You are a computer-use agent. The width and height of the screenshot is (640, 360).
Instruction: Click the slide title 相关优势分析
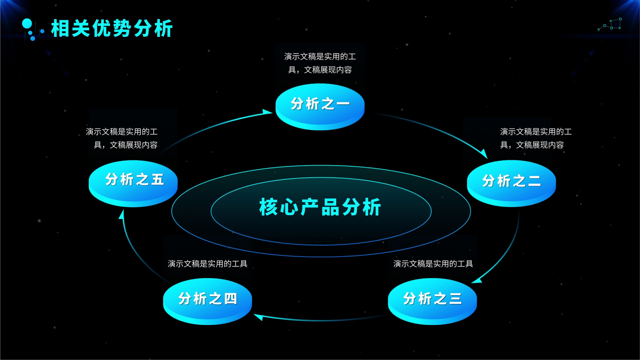pyautogui.click(x=112, y=28)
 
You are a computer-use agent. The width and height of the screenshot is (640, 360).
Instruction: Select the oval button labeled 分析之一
pyautogui.click(x=320, y=106)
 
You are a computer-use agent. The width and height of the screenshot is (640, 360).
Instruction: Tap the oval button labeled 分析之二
pyautogui.click(x=512, y=184)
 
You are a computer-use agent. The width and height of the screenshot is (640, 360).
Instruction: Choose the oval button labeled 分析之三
pyautogui.click(x=432, y=302)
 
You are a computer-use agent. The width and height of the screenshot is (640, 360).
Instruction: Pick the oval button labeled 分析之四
pyautogui.click(x=208, y=302)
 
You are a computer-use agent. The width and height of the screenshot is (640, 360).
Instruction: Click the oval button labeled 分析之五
pyautogui.click(x=133, y=184)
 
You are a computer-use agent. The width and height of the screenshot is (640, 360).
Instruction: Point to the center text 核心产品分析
pyautogui.click(x=320, y=207)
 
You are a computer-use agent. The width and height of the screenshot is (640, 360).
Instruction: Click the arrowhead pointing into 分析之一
pyautogui.click(x=267, y=112)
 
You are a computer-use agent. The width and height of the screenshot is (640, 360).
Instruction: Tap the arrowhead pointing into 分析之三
pyautogui.click(x=476, y=281)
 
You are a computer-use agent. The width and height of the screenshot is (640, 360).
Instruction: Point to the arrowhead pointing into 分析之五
pyautogui.click(x=122, y=214)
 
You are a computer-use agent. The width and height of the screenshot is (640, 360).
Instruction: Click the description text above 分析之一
pyautogui.click(x=320, y=63)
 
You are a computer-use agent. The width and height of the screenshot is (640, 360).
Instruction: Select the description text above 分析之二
pyautogui.click(x=536, y=138)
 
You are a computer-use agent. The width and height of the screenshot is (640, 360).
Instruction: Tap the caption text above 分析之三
pyautogui.click(x=433, y=264)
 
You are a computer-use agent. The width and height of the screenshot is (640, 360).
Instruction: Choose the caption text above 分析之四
pyautogui.click(x=208, y=264)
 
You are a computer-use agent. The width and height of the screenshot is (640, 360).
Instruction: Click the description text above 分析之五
pyautogui.click(x=122, y=138)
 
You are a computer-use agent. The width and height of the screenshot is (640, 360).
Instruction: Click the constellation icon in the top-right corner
pyautogui.click(x=610, y=24)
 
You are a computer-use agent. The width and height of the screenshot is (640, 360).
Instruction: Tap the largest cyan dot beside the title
pyautogui.click(x=27, y=24)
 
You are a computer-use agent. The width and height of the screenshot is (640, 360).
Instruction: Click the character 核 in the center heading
pyautogui.click(x=268, y=207)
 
